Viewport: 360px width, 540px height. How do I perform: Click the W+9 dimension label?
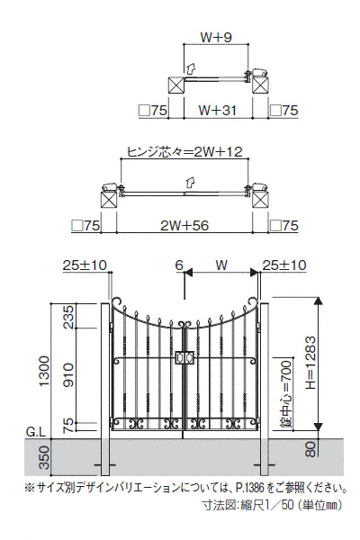pyautogui.click(x=216, y=38)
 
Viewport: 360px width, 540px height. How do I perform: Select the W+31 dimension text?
pyautogui.click(x=218, y=111)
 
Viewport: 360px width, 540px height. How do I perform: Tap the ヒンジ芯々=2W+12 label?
pyautogui.click(x=185, y=151)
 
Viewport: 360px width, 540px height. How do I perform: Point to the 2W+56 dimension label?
pyautogui.click(x=184, y=226)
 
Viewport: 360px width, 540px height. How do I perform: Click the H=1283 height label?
pyautogui.click(x=310, y=363)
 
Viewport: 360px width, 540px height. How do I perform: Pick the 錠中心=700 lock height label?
pyautogui.click(x=286, y=393)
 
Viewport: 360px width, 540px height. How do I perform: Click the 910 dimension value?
pyautogui.click(x=68, y=374)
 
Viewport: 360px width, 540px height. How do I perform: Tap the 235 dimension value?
pyautogui.click(x=68, y=317)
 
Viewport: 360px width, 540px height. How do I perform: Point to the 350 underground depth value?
pyautogui.click(x=45, y=458)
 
